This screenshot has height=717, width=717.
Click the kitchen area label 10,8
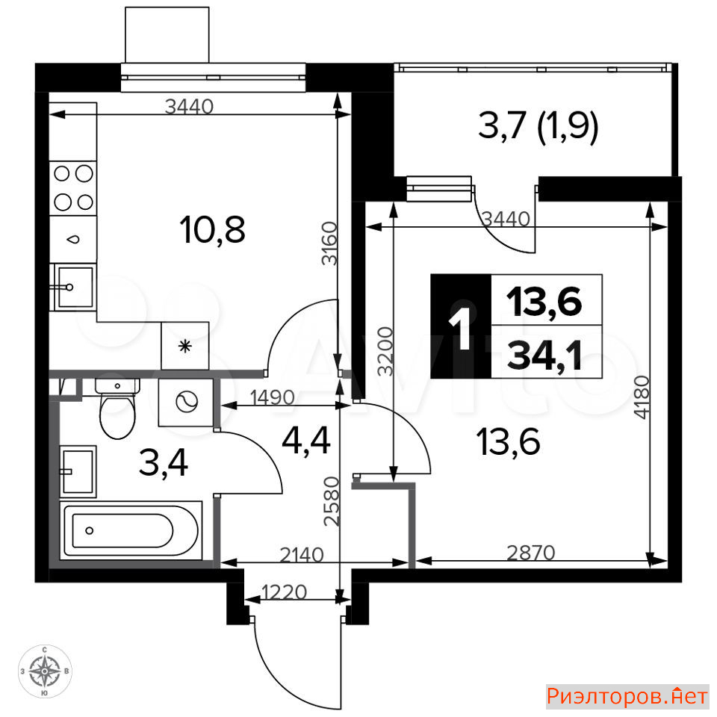pos(213,230)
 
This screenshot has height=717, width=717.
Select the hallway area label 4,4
pos(306,441)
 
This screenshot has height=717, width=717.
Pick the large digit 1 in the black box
pos(461,327)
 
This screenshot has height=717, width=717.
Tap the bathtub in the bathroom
pos(131,530)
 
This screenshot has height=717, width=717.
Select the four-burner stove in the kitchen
pos(73,188)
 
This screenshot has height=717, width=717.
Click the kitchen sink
pos(73,287)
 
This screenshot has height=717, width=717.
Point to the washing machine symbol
pos(186,403)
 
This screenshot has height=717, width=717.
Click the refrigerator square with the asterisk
pos(184,346)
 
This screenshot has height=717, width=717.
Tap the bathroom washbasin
pos(78,471)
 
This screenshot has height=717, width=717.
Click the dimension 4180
pos(642,397)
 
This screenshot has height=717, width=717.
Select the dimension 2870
pos(531,553)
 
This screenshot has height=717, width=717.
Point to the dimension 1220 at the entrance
pos(284,592)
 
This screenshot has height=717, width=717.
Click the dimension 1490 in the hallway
pos(272,397)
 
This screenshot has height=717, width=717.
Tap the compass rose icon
pos(45,671)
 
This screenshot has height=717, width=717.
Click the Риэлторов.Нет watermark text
pos(627,696)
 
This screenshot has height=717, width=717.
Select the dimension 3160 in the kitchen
pos(329,243)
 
